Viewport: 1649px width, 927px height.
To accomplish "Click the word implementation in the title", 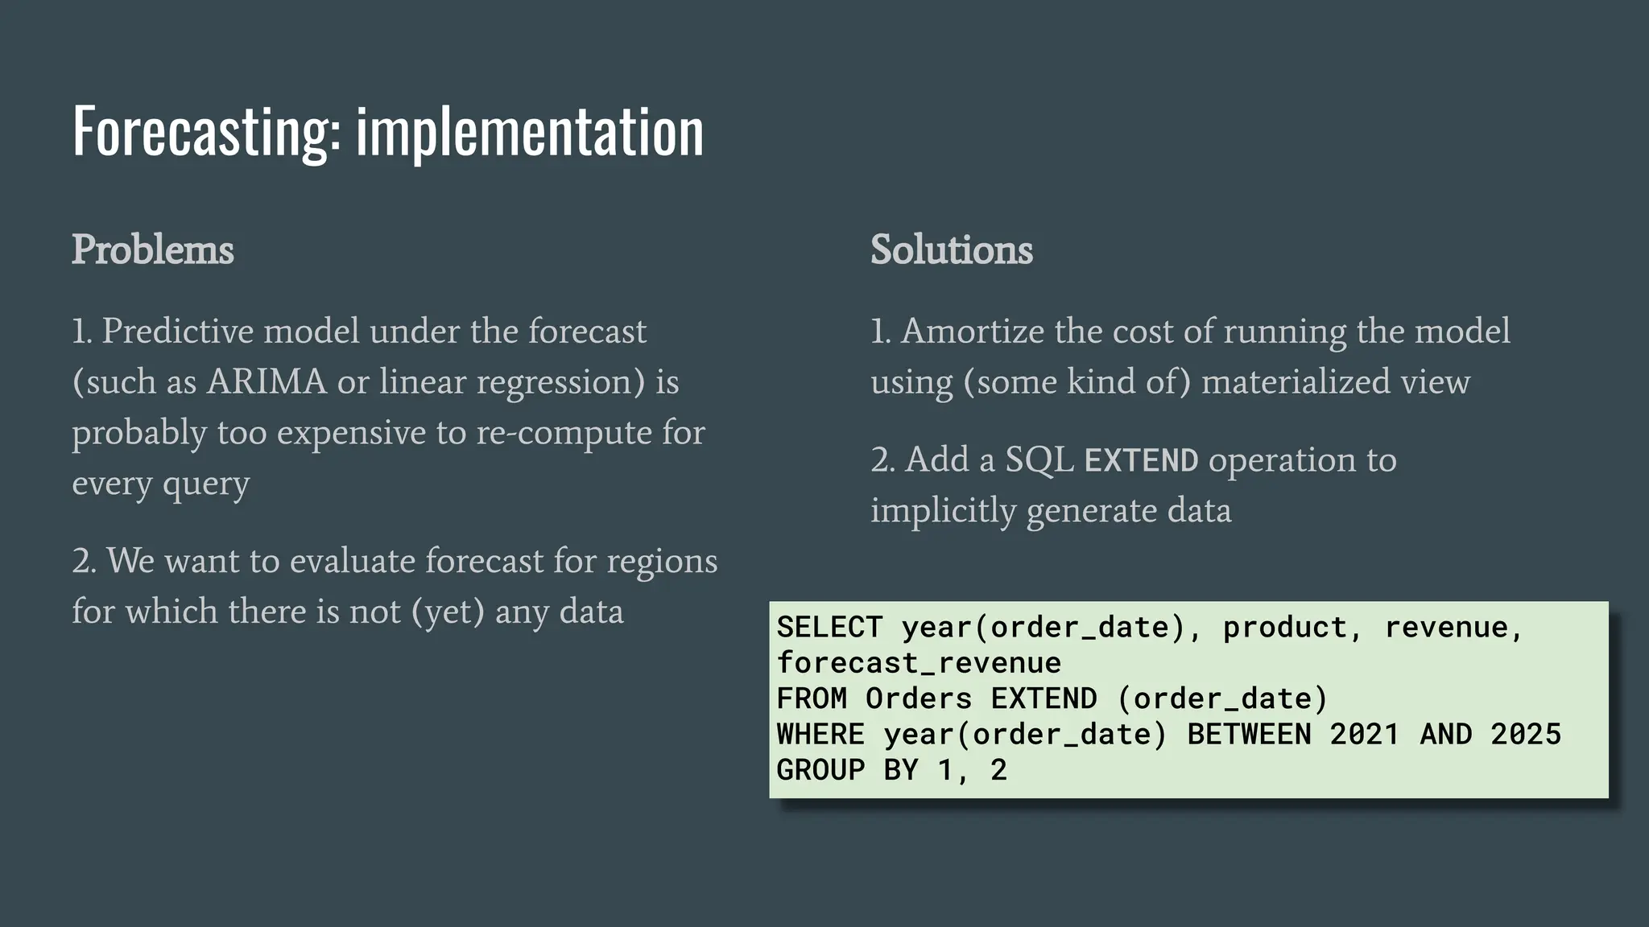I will point(530,131).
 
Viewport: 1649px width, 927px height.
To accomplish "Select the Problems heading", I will point(153,249).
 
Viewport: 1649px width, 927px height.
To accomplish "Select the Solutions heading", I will point(951,249).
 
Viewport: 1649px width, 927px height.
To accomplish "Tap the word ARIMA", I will point(267,381).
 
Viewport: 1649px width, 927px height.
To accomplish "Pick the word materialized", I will point(1296,381).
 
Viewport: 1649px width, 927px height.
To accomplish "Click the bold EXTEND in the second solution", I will point(1141,460).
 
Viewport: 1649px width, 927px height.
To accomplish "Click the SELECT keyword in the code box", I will point(829,627).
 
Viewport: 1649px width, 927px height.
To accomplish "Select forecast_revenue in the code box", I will point(919,662).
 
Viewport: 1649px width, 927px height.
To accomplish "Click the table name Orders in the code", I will point(919,698).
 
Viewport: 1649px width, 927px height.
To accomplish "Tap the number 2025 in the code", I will point(1525,734).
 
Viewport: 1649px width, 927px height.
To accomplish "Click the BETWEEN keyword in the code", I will point(1249,734).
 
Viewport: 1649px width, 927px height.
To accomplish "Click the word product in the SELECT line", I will point(1284,627).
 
